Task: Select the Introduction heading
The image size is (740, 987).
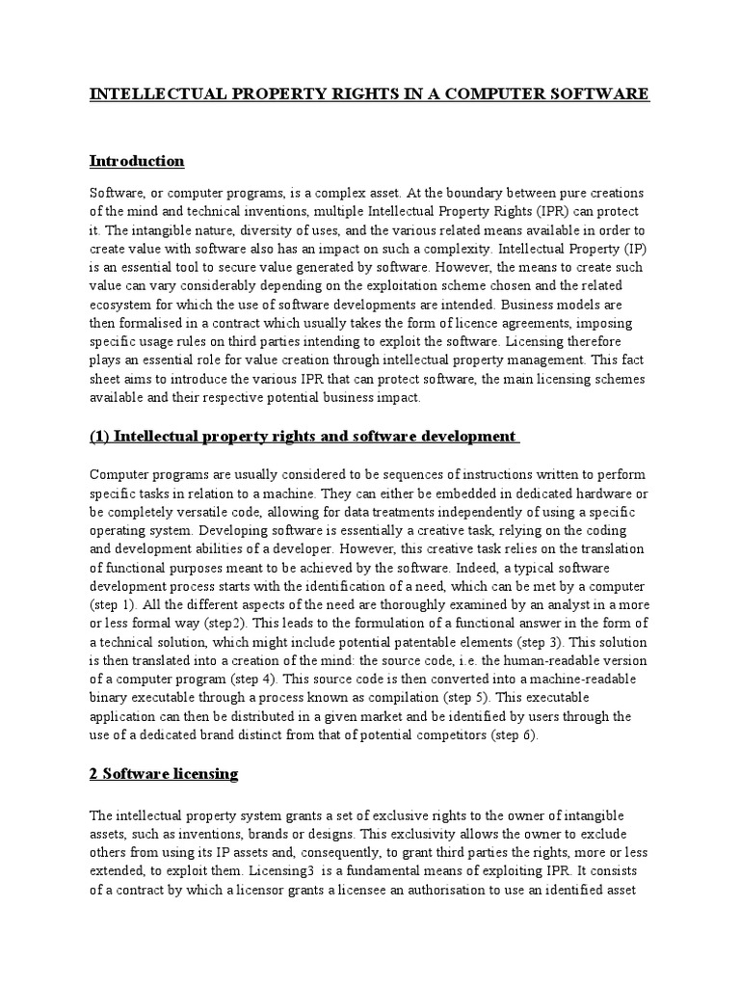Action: pos(136,160)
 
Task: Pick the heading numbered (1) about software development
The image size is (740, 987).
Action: pos(304,436)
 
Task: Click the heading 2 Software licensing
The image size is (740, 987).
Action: pos(163,774)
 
